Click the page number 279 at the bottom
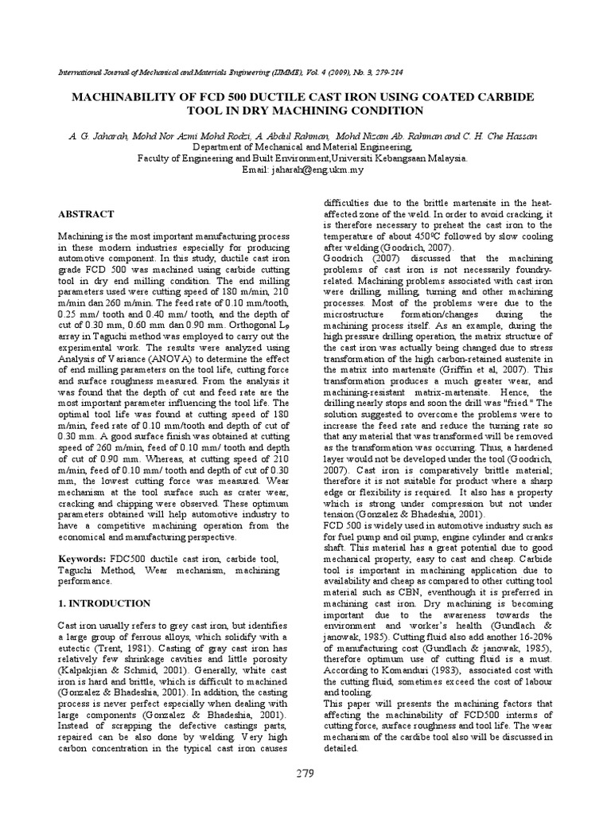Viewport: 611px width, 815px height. [305, 773]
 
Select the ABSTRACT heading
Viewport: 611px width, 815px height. [87, 215]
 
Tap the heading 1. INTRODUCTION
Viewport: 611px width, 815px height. [104, 603]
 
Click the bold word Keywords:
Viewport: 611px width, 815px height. [83, 560]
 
